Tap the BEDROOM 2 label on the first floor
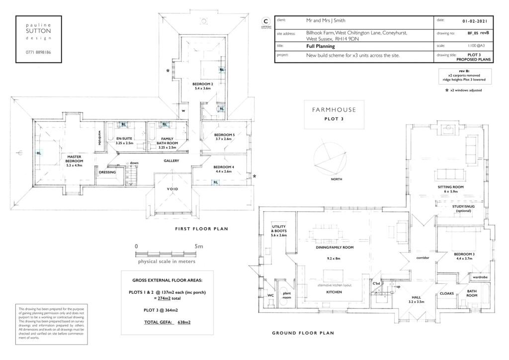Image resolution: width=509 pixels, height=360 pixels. pos(202,85)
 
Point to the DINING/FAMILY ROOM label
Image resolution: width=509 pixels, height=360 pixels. pos(335,247)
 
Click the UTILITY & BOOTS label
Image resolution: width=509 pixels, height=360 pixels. pos(279,232)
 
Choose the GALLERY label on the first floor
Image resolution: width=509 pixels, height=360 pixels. pos(171,161)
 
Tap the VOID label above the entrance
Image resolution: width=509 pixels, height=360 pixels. pos(171,189)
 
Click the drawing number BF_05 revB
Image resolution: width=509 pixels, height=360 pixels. pos(478,33)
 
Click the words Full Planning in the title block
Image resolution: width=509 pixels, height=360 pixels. pos(321,46)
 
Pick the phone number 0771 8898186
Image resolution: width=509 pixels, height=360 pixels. pos(39,52)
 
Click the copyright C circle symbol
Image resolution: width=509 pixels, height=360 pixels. pos(265,21)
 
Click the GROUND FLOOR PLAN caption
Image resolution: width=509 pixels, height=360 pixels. pos(303,333)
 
